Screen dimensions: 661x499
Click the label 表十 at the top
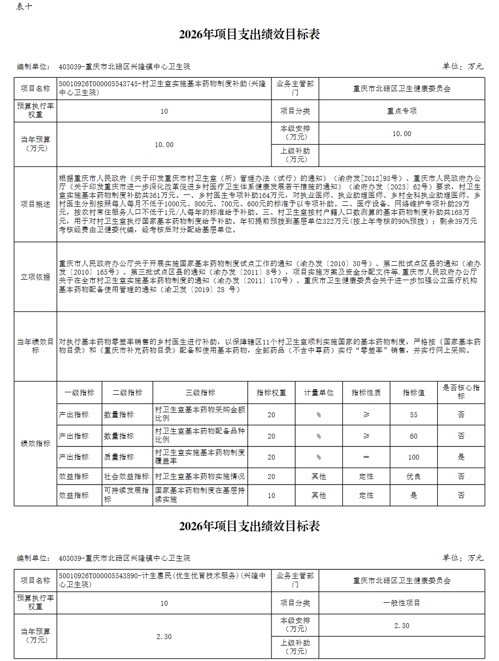(x=24, y=6)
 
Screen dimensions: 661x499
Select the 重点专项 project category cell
(x=402, y=111)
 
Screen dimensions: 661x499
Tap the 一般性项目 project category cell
(x=402, y=603)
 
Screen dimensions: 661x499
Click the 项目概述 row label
(x=35, y=204)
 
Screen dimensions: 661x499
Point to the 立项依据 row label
(x=35, y=277)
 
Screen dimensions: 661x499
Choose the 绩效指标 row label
(x=35, y=444)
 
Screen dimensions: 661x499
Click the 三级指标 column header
(x=200, y=393)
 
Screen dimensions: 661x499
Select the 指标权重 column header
(x=271, y=393)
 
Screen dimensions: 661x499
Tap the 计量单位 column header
(x=319, y=393)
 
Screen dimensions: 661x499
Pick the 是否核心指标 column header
(x=461, y=392)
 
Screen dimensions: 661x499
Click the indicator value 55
(x=414, y=415)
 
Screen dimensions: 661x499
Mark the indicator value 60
(x=414, y=436)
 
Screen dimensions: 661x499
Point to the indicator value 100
(x=414, y=457)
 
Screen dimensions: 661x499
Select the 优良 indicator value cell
(x=414, y=477)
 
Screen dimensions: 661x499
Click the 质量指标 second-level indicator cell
(x=119, y=457)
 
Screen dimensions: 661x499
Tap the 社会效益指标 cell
(x=127, y=477)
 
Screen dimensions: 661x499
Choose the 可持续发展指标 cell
(x=127, y=495)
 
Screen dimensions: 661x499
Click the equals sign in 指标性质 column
(x=366, y=457)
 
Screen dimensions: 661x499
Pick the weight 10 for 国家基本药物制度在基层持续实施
(x=271, y=496)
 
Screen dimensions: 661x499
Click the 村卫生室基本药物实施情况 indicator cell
(x=200, y=477)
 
